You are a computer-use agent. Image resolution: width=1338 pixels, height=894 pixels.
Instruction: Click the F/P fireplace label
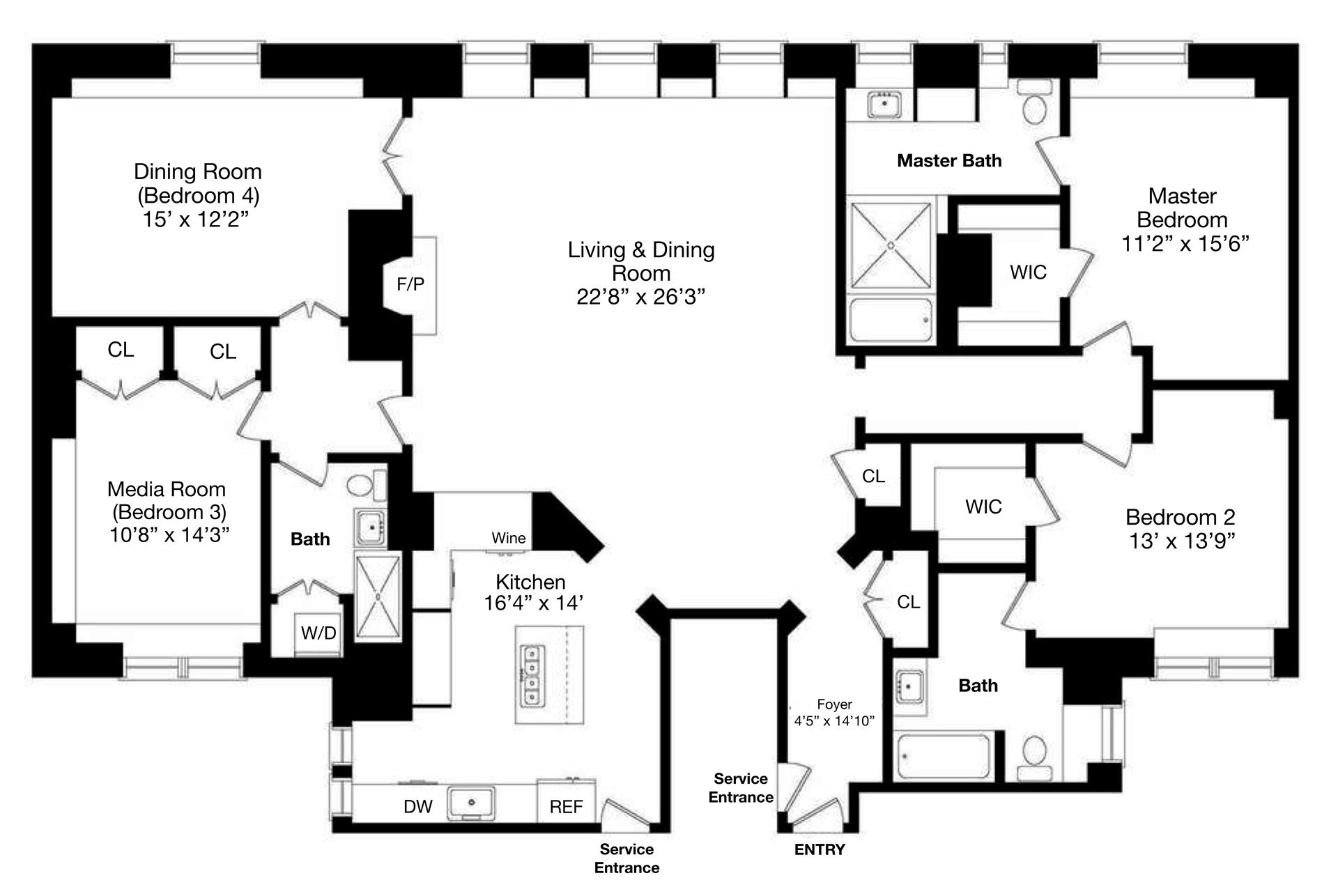click(410, 284)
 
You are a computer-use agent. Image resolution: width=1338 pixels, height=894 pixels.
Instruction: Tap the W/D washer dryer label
click(318, 633)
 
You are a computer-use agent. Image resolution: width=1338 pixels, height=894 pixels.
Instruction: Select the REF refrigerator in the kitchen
click(566, 806)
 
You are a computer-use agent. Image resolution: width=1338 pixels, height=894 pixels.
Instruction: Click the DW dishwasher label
click(418, 806)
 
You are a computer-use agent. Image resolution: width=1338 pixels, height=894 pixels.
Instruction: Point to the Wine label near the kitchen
click(509, 538)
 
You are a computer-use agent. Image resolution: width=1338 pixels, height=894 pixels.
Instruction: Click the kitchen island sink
click(532, 675)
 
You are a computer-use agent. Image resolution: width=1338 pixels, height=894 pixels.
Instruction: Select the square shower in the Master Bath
click(891, 245)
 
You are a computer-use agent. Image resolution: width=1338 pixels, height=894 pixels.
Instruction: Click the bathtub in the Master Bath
click(891, 321)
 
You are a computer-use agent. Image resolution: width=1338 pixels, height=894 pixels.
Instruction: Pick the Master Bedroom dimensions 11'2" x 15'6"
click(1185, 243)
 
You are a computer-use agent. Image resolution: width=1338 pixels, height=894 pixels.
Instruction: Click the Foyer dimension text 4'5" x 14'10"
click(834, 720)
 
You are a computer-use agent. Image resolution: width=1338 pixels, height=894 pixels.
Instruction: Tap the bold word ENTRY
click(820, 849)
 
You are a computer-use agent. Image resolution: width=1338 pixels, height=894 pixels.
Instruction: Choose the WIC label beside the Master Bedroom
click(1028, 272)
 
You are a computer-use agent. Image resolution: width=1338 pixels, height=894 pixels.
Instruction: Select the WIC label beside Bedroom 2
click(983, 507)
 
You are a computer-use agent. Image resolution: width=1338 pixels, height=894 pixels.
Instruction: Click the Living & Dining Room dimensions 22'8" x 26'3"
click(640, 297)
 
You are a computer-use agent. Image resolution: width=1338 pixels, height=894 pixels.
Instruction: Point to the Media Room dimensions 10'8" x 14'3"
click(169, 534)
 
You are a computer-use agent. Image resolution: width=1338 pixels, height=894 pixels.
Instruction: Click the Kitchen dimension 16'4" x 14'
click(533, 603)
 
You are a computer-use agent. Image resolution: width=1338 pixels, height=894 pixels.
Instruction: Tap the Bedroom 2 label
click(1180, 517)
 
